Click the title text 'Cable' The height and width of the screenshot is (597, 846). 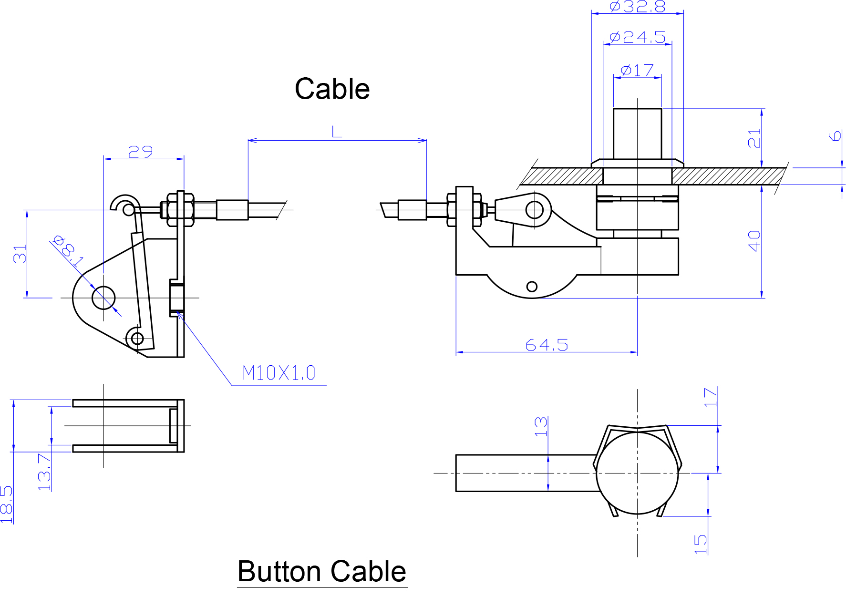click(332, 89)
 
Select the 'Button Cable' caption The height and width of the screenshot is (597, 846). click(322, 571)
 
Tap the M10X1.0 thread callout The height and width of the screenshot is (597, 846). click(279, 373)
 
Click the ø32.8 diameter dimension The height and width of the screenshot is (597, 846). click(637, 7)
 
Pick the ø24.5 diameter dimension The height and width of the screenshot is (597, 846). click(637, 37)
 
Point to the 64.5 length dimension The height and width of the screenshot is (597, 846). click(547, 345)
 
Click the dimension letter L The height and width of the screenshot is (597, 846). click(337, 132)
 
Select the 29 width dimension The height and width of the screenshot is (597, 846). click(141, 152)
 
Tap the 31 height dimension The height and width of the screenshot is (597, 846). click(20, 254)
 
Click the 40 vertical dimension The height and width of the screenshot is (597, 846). click(754, 241)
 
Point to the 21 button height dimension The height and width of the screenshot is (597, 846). click(754, 138)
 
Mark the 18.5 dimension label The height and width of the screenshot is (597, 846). click(7, 504)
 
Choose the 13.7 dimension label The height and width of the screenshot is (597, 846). click(44, 472)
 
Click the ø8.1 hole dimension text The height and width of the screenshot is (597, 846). click(68, 250)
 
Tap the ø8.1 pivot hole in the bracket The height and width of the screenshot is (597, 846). click(103, 298)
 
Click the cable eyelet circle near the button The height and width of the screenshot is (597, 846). click(535, 209)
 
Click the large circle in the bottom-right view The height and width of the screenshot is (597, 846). click(637, 473)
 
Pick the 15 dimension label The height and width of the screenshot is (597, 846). click(700, 544)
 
